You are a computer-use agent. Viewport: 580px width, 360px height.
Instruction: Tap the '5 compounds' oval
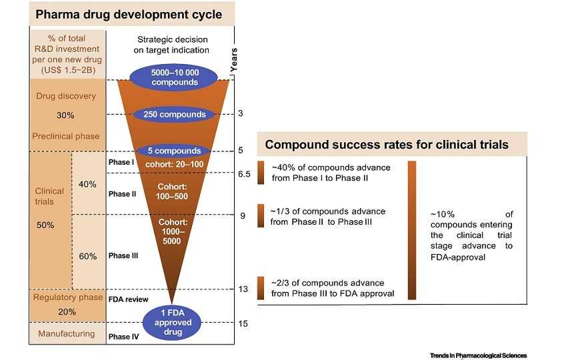pos(173,151)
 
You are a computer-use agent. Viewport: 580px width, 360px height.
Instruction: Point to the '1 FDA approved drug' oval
pos(173,323)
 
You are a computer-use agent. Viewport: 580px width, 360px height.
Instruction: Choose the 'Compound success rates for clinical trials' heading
pos(387,145)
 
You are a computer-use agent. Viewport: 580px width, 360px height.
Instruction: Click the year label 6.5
pos(244,174)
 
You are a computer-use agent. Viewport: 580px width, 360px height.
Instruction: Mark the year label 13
pos(243,289)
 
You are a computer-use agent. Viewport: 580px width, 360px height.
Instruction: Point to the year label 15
pos(243,323)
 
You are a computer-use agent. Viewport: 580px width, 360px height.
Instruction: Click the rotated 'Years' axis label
pos(234,61)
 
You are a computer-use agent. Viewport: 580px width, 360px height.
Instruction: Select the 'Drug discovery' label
pos(66,96)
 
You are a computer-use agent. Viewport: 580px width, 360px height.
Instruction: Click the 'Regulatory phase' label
pos(67,297)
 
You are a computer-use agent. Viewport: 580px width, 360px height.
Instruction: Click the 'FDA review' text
pos(129,299)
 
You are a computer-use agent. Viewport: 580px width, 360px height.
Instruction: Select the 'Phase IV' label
pos(123,337)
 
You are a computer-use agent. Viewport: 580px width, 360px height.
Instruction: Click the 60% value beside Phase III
pos(88,257)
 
